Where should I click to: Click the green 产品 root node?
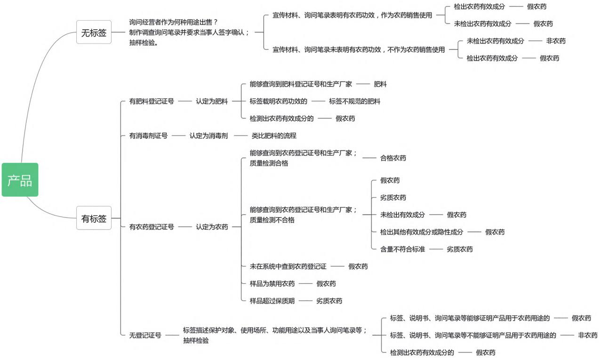coord(20,179)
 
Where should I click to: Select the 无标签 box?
coord(94,32)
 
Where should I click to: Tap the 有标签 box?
coord(94,218)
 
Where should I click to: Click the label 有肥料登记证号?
coord(152,101)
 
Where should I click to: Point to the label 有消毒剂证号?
coord(148,136)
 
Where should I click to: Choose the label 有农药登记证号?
coord(152,227)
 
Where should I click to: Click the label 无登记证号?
coord(145,335)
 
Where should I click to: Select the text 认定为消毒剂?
coord(208,136)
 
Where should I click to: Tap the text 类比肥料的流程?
coord(274,136)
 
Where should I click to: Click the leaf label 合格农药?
coord(393,158)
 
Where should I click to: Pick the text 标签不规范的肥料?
coord(355,101)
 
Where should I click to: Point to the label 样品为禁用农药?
coord(272,283)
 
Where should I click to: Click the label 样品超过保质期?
coord(272,301)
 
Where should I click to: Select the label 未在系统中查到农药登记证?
coord(288,266)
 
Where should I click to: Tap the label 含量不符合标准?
coord(403,249)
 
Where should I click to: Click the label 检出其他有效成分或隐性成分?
coord(422,232)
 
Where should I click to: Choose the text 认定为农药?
coord(212,227)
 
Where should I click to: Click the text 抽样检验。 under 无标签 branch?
coord(144,43)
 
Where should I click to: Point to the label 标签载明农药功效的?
coord(279,101)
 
